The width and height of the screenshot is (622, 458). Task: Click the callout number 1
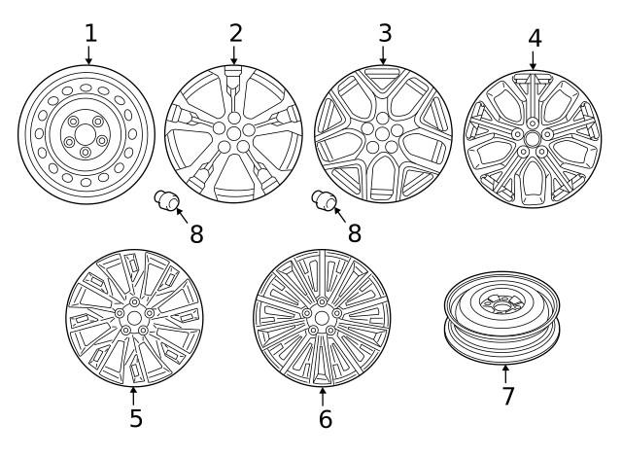click(90, 32)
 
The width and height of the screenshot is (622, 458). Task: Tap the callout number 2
click(235, 32)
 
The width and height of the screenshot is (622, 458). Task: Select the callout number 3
click(385, 32)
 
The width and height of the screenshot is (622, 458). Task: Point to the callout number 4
click(535, 39)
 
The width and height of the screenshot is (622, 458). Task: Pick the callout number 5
click(135, 418)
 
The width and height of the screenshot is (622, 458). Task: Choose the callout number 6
click(325, 419)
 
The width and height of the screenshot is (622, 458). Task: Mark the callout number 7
click(507, 396)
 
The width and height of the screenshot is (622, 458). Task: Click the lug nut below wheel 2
click(168, 201)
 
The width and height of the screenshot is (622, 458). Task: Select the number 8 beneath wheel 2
click(196, 235)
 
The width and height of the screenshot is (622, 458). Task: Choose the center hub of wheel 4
click(531, 138)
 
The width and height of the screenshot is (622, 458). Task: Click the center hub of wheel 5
click(134, 317)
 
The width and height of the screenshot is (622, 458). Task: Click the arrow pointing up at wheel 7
click(506, 372)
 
